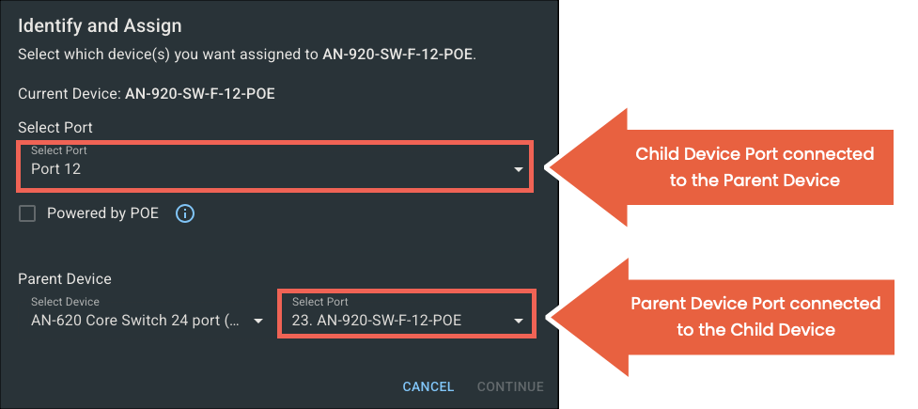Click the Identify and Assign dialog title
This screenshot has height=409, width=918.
click(100, 26)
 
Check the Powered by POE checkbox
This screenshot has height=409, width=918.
click(27, 213)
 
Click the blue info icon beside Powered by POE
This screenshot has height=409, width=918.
click(185, 213)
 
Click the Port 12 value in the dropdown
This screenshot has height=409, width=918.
click(55, 169)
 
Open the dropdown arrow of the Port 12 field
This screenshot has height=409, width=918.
click(518, 170)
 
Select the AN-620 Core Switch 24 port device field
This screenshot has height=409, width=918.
click(135, 321)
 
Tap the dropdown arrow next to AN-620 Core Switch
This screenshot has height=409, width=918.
click(258, 322)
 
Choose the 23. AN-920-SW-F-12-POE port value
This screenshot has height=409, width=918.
click(377, 321)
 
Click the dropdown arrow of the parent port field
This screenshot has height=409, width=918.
click(518, 322)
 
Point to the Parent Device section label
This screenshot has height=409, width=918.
click(65, 279)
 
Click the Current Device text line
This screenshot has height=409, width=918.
click(147, 94)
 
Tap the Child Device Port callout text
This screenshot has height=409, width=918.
click(755, 167)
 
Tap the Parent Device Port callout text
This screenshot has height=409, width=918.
click(755, 317)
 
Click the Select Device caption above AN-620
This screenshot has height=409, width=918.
click(65, 302)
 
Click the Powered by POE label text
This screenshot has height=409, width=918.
click(102, 213)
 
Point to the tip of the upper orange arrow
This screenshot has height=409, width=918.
click(547, 167)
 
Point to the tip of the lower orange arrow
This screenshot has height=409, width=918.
click(547, 318)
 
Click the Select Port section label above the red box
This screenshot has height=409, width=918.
click(55, 128)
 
